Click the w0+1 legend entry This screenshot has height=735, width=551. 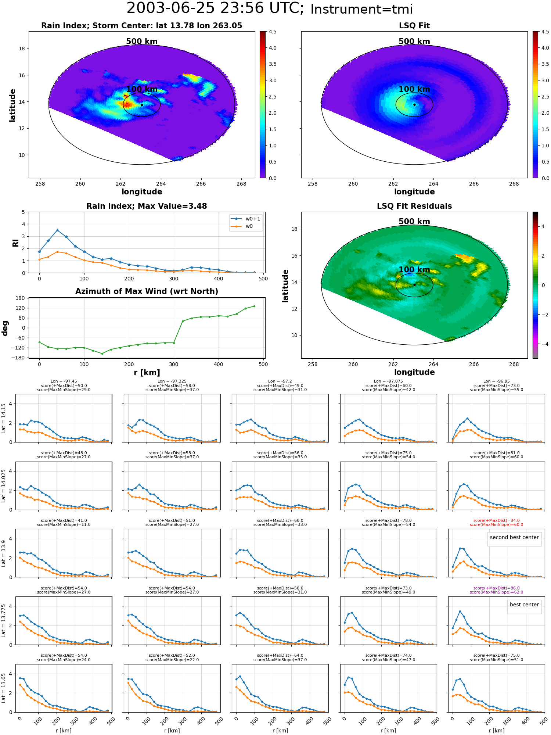point(246,219)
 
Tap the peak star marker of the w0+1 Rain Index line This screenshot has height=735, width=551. point(57,230)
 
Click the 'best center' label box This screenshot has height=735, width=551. point(524,605)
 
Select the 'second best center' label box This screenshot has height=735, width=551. point(514,537)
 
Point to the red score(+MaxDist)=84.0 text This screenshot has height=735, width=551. point(496,520)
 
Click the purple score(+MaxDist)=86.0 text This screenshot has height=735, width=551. point(496,588)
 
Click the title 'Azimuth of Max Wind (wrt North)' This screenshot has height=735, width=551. point(147,291)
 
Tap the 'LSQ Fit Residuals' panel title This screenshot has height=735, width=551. point(414,206)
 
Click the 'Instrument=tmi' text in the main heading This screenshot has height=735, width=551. point(361,9)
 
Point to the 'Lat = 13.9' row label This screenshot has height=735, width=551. point(4,553)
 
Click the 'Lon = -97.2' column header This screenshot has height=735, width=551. point(280,381)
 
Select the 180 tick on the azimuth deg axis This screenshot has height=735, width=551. point(20,298)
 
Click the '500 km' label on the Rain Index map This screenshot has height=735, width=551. point(142,42)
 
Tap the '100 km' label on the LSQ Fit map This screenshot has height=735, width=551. point(414,89)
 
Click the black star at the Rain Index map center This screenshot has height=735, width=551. point(142,105)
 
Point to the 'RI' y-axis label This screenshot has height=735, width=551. point(15,243)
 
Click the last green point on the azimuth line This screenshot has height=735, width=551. point(254,306)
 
